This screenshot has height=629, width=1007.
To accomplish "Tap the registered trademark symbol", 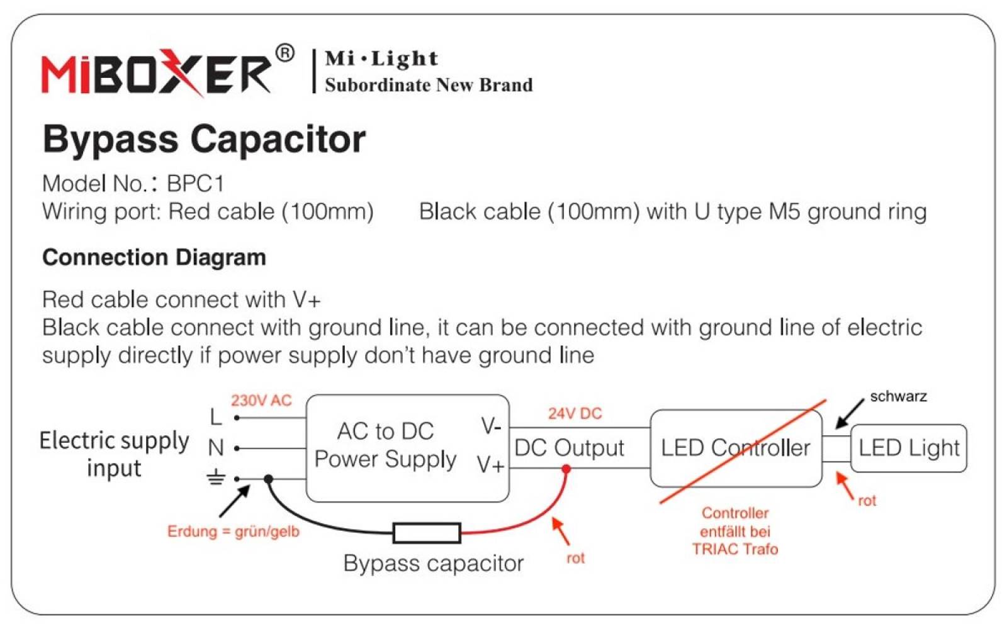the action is pos(284,53).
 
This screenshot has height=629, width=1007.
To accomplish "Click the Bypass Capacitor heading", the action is pos(204,140).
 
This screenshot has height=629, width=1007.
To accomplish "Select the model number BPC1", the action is pos(195,183).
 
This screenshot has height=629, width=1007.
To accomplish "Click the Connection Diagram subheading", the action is pos(154,257).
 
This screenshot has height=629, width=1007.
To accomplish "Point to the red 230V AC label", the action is pos(261,400).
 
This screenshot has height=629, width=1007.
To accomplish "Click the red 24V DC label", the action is pos(575,413).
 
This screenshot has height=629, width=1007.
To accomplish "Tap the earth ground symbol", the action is pos(216,477).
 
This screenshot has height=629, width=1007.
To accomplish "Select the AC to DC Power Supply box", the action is pos(407,448).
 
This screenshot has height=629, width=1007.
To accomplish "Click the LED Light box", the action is pos(909,448).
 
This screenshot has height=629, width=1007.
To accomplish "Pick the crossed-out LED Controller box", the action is pos(736,448).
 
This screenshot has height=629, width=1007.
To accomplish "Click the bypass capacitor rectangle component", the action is pos(427,533).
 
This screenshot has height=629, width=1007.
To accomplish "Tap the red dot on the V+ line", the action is pos(566,469).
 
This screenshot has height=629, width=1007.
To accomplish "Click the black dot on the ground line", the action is pos(268,479).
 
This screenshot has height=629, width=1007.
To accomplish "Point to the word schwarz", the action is pos(898,396).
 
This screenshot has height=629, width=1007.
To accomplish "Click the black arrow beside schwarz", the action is pos(850,414).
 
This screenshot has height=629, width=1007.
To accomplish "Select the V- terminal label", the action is pos(491,425).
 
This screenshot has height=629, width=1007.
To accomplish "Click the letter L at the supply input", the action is pos(216,418).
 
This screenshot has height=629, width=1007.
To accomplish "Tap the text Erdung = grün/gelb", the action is pos(233,532).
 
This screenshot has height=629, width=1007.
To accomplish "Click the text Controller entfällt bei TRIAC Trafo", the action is pos(735,531).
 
